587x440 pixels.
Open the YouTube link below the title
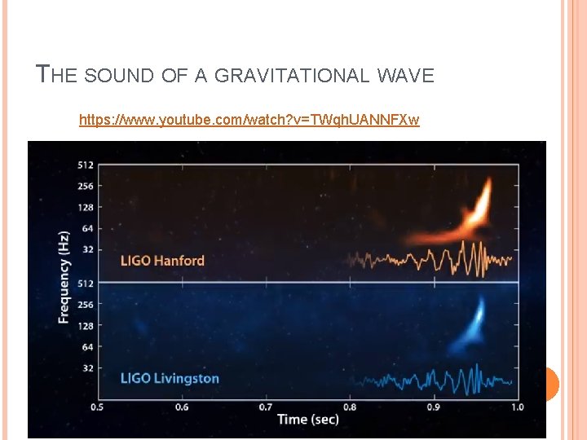249,121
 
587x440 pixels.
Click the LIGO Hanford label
162,261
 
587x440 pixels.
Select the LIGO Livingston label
170,378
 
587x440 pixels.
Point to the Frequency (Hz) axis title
64,277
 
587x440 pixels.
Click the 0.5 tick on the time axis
96,407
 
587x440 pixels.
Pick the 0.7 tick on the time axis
265,407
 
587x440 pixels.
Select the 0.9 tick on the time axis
433,407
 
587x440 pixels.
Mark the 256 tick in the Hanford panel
85,186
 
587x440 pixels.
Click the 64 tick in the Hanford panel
87,228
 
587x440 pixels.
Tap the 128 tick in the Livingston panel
85,326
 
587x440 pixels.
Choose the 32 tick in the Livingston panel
87,368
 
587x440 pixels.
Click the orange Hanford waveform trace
432,260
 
